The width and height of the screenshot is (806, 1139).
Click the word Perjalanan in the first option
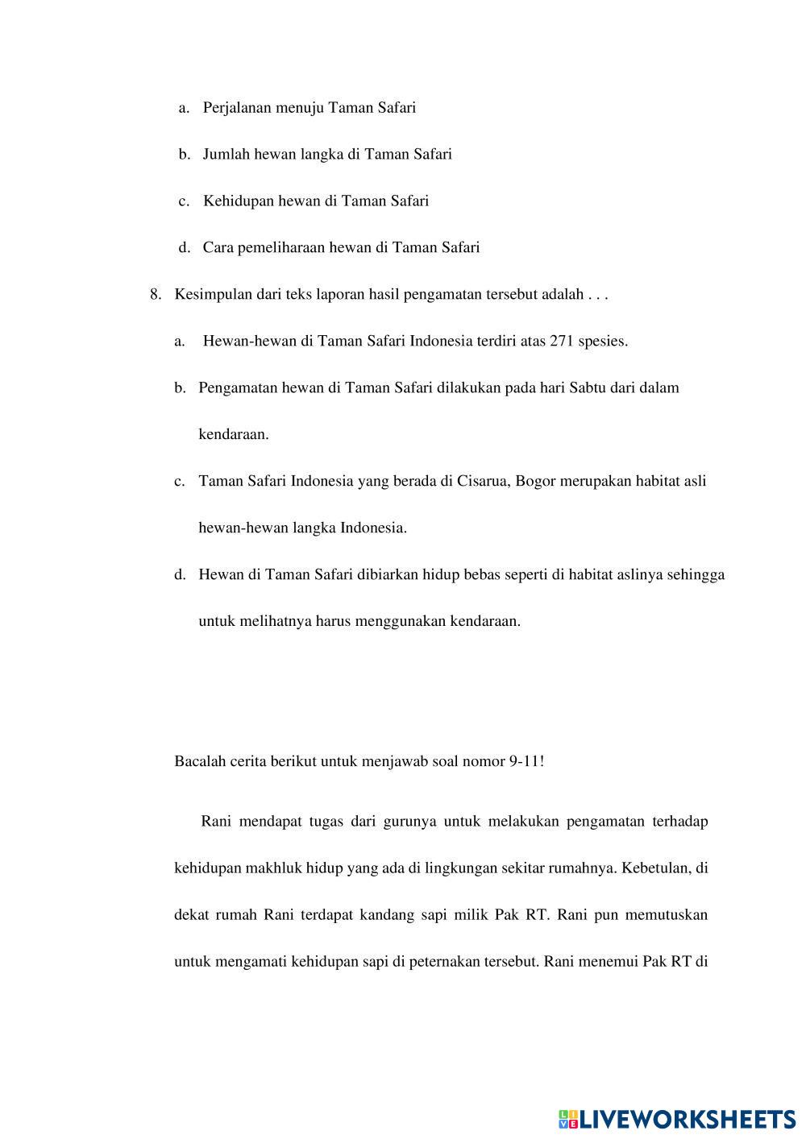[237, 107]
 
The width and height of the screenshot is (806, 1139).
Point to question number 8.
[156, 294]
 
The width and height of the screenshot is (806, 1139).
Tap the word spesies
[602, 341]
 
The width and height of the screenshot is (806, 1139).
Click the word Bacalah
[198, 760]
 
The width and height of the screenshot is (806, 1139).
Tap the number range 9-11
[526, 760]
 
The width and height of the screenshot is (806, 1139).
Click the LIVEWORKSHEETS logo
[677, 1119]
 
